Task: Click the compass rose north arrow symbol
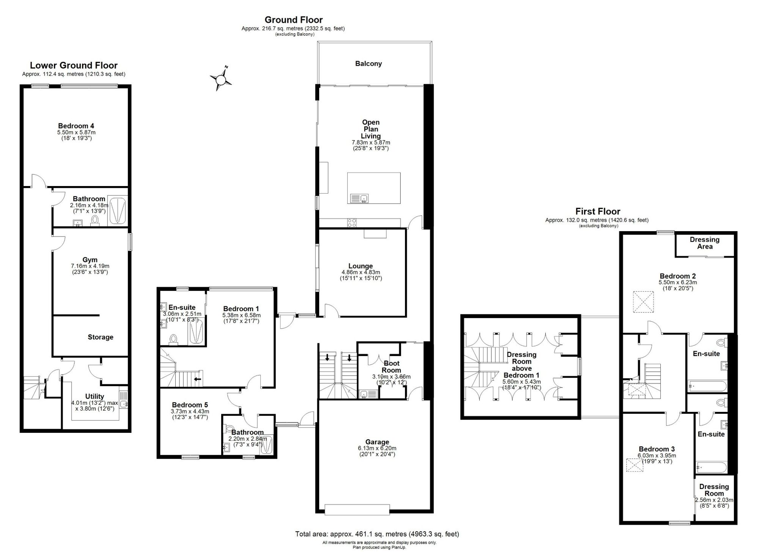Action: (220, 79)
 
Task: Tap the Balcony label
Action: (368, 64)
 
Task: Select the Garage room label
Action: (377, 442)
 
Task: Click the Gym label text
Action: (90, 260)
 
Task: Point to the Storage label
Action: (101, 337)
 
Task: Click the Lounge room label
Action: (361, 266)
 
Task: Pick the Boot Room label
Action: (391, 367)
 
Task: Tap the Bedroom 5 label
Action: (190, 405)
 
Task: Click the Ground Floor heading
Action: (294, 20)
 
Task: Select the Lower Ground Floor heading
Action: (74, 65)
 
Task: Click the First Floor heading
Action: (598, 211)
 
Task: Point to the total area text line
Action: (377, 534)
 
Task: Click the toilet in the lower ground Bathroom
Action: (95, 221)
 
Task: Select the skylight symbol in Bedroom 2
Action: (643, 302)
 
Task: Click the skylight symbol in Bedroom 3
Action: (635, 465)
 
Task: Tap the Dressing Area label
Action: (705, 243)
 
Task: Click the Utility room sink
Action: (124, 404)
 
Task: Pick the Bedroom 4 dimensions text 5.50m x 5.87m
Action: (76, 132)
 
